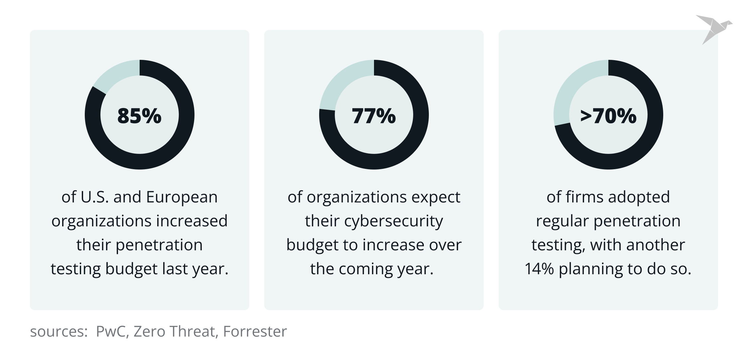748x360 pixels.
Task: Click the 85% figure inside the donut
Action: (139, 116)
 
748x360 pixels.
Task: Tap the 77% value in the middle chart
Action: (374, 116)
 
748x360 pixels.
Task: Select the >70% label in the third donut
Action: (608, 116)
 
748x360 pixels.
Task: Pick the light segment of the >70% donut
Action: (572, 90)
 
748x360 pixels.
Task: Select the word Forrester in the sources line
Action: (255, 331)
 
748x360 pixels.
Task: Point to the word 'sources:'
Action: (59, 331)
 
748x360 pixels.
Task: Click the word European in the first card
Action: (182, 197)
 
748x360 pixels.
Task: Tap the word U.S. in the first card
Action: (95, 197)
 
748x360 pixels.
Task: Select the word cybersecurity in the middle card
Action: (394, 221)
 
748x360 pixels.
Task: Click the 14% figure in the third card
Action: (539, 269)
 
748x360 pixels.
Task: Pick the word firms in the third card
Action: (585, 197)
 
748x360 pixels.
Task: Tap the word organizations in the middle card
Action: (356, 197)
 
